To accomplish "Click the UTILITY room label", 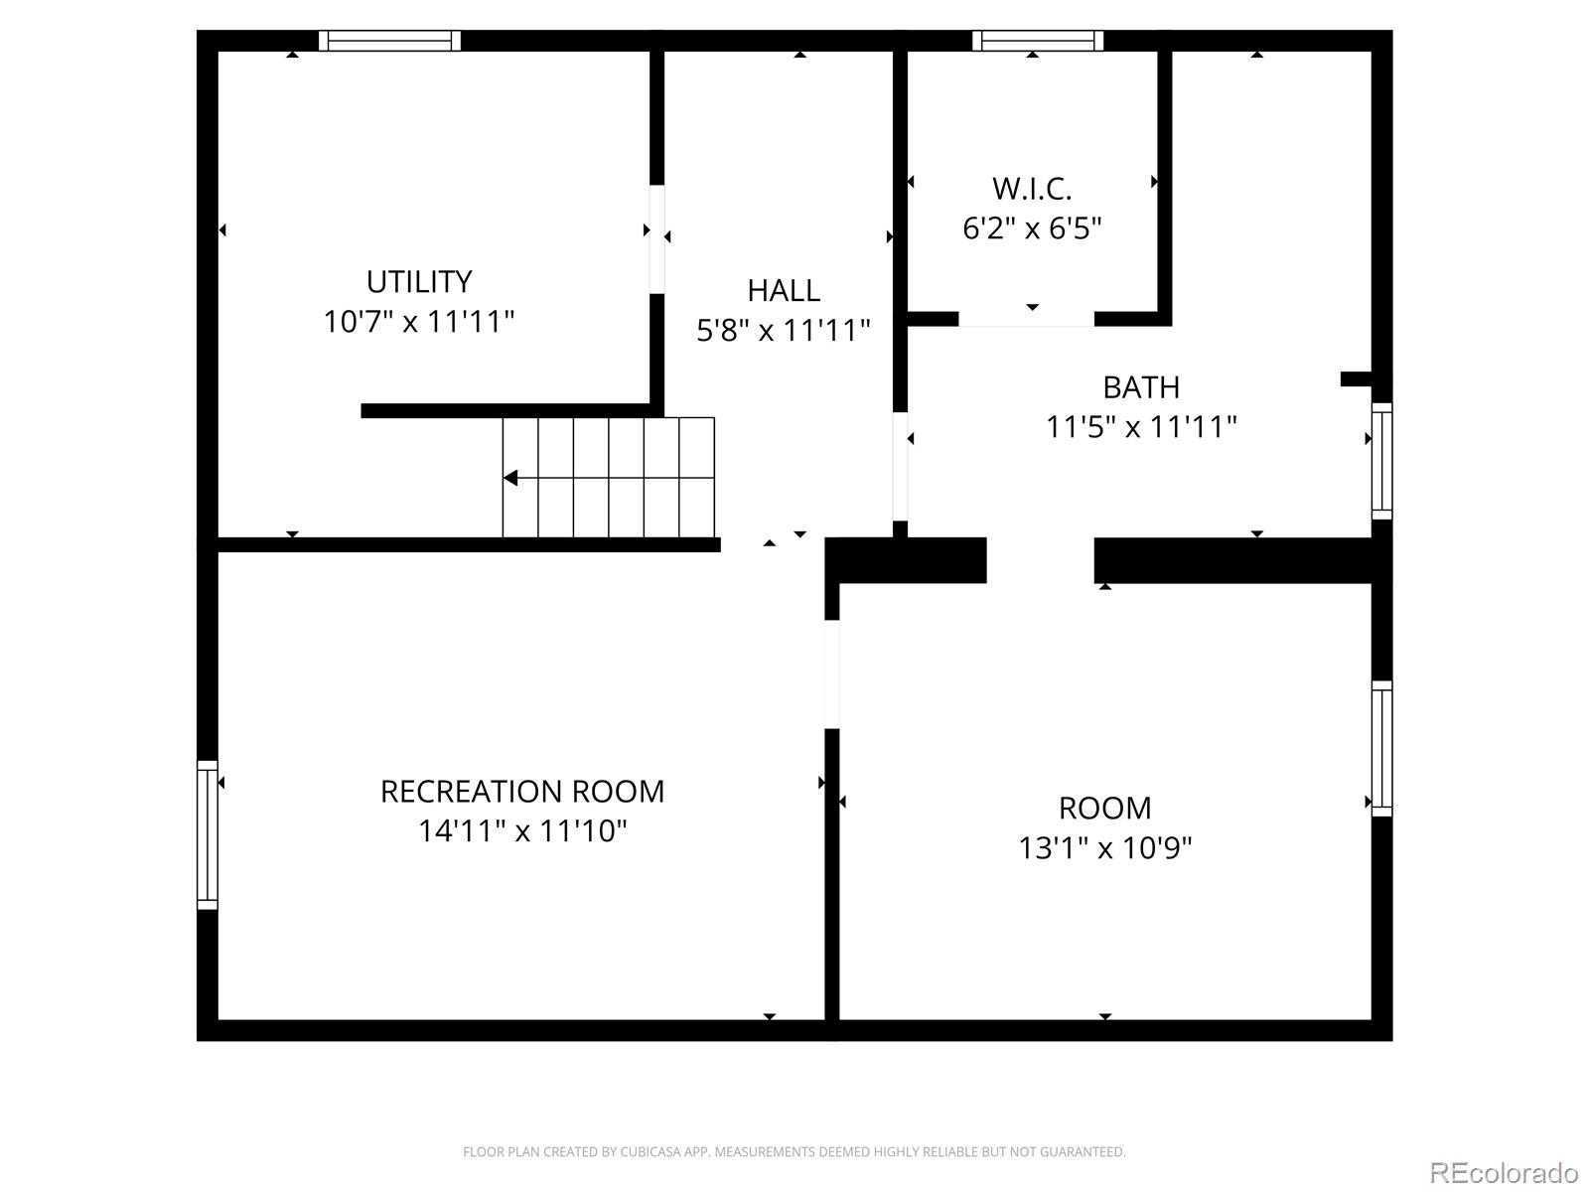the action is [419, 281].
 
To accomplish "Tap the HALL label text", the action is [784, 291].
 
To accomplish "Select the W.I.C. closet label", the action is [1032, 189].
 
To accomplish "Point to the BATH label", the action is [1141, 388].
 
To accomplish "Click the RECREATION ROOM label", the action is [522, 792].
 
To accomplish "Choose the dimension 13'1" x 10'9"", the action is [1104, 847].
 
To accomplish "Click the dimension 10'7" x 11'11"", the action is [418, 321].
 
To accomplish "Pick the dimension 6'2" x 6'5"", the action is [1032, 228].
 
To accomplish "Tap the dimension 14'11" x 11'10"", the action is [522, 830].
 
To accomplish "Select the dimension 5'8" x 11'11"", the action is [784, 331].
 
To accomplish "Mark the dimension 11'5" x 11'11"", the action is [1141, 427].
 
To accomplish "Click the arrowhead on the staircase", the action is [511, 479].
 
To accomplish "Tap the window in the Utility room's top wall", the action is [389, 41].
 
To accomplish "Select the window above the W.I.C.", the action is [1038, 41].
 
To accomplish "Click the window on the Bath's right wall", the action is [1382, 461].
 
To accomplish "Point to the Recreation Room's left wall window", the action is [208, 834].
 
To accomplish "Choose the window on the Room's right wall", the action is [1382, 749].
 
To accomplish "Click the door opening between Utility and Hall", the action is [656, 239].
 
